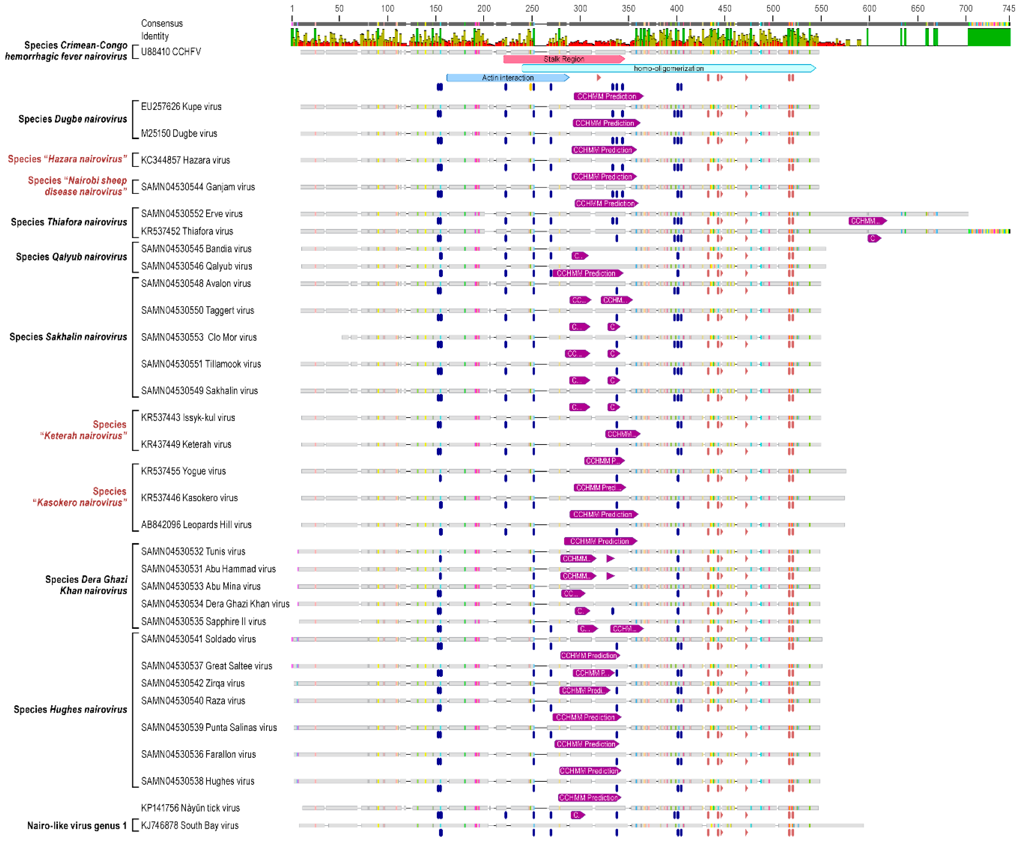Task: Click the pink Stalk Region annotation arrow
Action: tap(564, 59)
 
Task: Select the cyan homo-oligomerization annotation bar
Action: tap(668, 68)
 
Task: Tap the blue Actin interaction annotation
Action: tap(507, 77)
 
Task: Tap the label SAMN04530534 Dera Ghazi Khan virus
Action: tap(215, 604)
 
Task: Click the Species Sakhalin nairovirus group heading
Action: tap(68, 337)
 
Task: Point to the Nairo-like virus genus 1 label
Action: tap(77, 826)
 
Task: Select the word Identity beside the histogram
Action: tap(155, 36)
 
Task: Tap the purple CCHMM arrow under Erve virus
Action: tap(867, 221)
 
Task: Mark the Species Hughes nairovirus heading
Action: tap(70, 709)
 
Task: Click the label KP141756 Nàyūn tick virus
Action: tap(190, 808)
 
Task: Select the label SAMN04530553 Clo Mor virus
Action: tap(199, 337)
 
